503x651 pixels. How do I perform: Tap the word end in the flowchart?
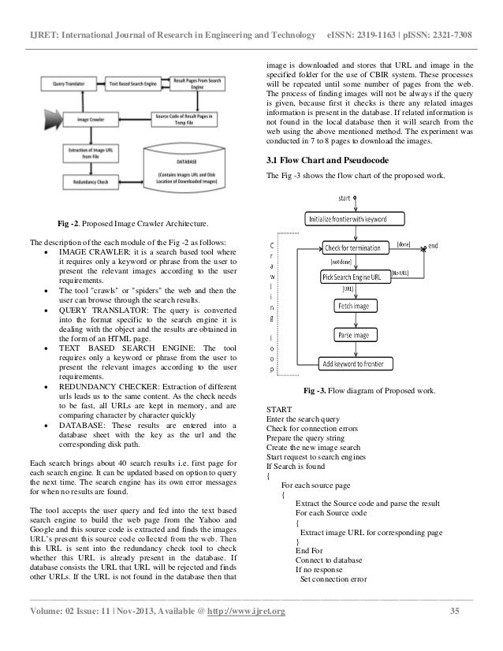tap(434, 245)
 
